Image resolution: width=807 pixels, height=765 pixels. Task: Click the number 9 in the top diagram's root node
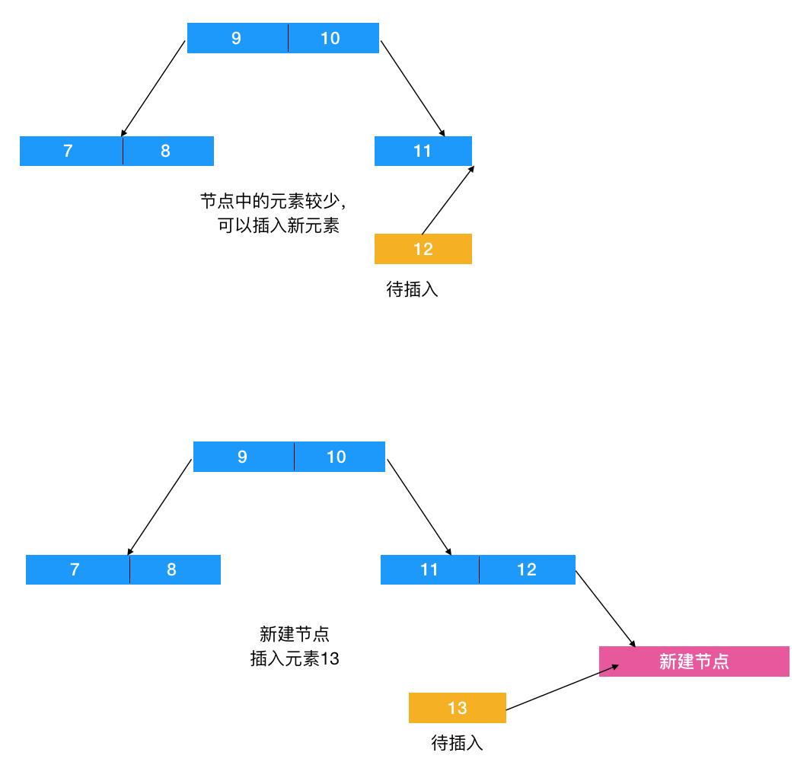pyautogui.click(x=237, y=38)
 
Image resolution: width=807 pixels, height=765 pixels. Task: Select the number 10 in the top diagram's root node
pyautogui.click(x=330, y=38)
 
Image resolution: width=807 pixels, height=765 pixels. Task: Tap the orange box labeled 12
pyautogui.click(x=423, y=249)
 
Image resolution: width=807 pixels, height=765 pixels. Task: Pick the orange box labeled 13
pyautogui.click(x=457, y=708)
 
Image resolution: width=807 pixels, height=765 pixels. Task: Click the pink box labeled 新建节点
pyautogui.click(x=694, y=661)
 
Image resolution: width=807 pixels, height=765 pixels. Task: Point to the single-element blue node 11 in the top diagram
pyautogui.click(x=423, y=151)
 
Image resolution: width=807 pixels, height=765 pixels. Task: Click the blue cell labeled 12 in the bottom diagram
pyautogui.click(x=527, y=569)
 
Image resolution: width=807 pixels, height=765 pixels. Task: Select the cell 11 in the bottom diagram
pyautogui.click(x=429, y=569)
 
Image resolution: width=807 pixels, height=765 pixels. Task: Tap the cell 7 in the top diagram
pyautogui.click(x=69, y=151)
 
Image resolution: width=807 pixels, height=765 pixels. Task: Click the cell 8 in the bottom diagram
pyautogui.click(x=172, y=569)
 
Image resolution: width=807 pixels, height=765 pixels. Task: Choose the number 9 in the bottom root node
pyautogui.click(x=243, y=457)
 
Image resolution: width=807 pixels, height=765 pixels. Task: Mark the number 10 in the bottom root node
pyautogui.click(x=337, y=457)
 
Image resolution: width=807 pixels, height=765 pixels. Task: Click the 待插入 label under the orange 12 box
pyautogui.click(x=413, y=290)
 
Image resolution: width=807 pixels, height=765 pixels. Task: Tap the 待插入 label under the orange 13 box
pyautogui.click(x=457, y=743)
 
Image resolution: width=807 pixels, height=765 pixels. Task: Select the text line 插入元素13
pyautogui.click(x=295, y=659)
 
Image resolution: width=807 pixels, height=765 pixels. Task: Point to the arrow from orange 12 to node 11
pyautogui.click(x=448, y=199)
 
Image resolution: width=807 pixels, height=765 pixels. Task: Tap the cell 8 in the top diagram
pyautogui.click(x=166, y=151)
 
